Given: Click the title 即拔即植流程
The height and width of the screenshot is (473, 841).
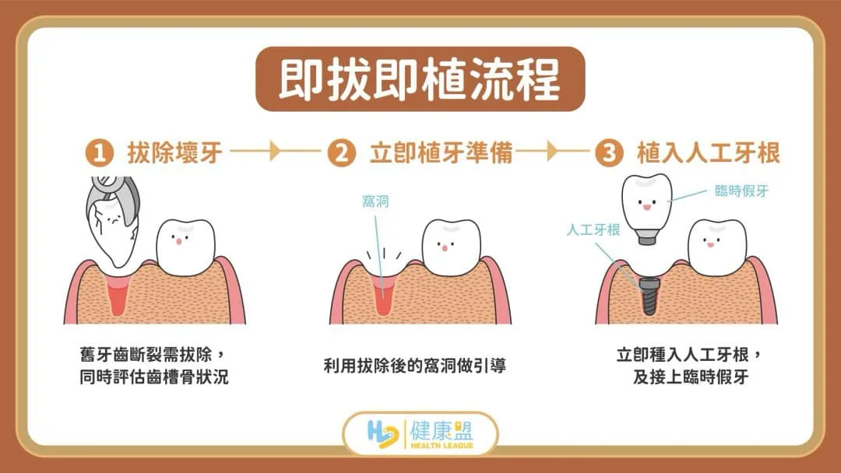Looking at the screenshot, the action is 420,79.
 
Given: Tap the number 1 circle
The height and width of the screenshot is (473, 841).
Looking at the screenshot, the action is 100,153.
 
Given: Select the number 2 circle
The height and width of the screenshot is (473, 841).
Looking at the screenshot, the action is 341,153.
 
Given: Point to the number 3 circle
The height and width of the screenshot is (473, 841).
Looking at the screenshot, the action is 609,153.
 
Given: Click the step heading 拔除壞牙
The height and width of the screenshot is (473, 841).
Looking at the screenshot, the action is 175,153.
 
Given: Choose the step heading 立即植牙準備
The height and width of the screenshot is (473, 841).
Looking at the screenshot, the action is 441,153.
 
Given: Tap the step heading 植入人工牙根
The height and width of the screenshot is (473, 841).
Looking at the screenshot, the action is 708,153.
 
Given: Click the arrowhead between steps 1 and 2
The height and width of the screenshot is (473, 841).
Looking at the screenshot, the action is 275,152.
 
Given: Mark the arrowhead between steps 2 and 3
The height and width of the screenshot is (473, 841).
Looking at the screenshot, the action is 552,152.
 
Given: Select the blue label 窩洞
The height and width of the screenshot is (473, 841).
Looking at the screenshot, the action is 375,201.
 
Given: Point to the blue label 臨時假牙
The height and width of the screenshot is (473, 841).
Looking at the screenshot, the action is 742,191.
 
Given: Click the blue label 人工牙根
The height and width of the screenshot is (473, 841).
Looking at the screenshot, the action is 593,229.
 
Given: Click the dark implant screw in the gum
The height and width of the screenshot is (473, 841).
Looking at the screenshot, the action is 649,296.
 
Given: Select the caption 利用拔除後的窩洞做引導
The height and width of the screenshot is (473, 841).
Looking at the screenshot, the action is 414,366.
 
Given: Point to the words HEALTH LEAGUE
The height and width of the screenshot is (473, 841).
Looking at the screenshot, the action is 442,445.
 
